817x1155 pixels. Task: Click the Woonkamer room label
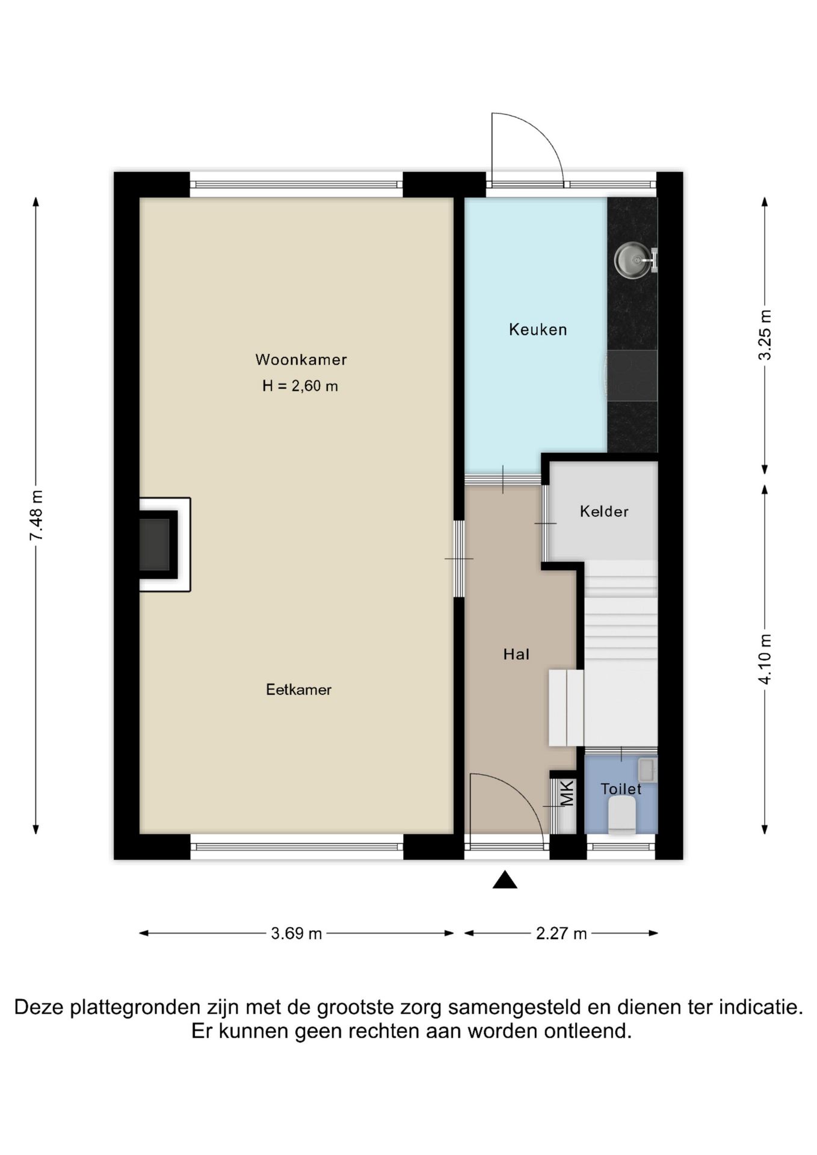[301, 360]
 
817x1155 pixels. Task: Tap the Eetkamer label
[298, 689]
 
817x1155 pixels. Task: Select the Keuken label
[538, 330]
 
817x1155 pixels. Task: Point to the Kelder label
[604, 511]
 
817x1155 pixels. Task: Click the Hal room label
[516, 654]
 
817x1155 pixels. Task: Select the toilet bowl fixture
[622, 815]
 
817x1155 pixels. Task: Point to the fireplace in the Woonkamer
[159, 544]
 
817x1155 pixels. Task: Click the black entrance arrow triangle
[505, 880]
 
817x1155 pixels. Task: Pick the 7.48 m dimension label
[36, 515]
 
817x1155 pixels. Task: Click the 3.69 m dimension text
[297, 934]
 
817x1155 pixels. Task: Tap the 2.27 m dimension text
[561, 934]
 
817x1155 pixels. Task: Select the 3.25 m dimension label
[765, 335]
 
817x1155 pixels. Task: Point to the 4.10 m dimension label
[765, 659]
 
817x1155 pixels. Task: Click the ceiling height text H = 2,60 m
[300, 386]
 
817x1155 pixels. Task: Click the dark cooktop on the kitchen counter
[632, 376]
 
